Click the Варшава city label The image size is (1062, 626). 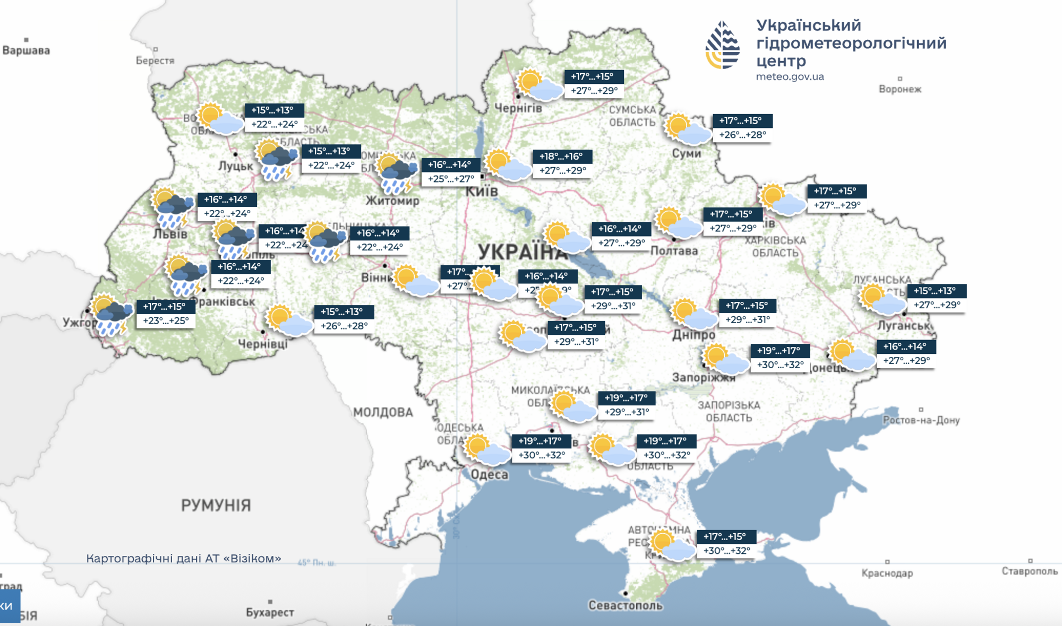[26, 50]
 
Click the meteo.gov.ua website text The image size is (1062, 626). [790, 76]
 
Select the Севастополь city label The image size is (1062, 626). [625, 605]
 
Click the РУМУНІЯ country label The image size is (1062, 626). [216, 505]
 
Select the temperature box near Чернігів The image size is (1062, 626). [594, 84]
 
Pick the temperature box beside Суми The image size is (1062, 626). [742, 128]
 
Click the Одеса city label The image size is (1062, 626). [490, 474]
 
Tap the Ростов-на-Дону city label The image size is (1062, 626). [921, 420]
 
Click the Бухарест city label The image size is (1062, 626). [270, 612]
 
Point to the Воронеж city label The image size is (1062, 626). [900, 89]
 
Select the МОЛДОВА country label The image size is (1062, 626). [383, 412]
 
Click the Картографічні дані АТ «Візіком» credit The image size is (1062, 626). [184, 558]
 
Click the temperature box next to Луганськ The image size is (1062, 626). [937, 298]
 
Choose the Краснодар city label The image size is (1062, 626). [887, 573]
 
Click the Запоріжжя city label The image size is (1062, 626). [704, 378]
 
